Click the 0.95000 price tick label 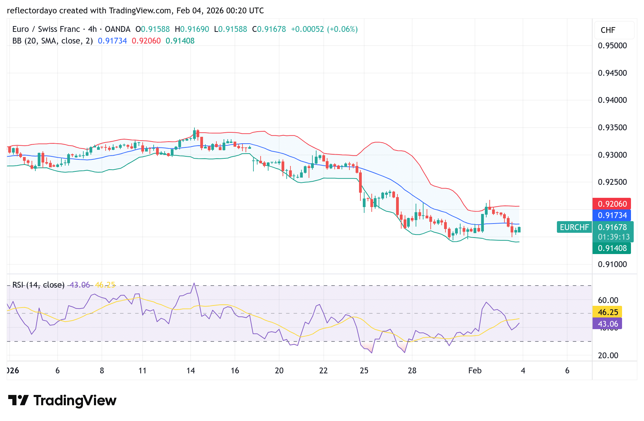click(x=612, y=46)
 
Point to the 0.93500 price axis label click(x=612, y=128)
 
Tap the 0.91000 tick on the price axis click(x=612, y=264)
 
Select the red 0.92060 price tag click(x=612, y=204)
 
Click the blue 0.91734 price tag click(x=612, y=215)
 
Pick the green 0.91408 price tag click(x=612, y=248)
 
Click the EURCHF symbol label click(x=574, y=227)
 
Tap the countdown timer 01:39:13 click(x=613, y=237)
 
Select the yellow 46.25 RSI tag click(x=607, y=312)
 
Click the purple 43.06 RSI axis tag click(x=607, y=324)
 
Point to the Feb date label click(x=475, y=371)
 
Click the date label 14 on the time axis click(x=191, y=371)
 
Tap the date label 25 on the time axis click(x=364, y=371)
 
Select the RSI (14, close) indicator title click(x=38, y=285)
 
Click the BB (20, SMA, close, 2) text click(x=52, y=41)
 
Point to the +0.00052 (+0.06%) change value click(x=324, y=29)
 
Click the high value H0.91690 click(x=192, y=29)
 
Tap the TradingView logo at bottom click(x=62, y=400)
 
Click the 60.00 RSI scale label click(x=608, y=300)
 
